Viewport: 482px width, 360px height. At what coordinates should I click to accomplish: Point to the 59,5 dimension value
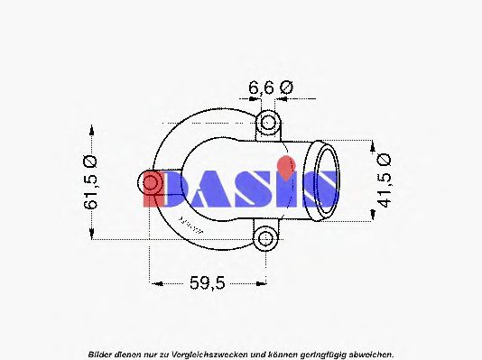(208, 283)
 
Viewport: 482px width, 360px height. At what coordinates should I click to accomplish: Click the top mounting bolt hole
(268, 122)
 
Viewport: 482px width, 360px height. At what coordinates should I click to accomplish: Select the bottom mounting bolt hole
(264, 239)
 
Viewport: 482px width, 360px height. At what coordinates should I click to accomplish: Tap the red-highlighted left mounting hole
(152, 184)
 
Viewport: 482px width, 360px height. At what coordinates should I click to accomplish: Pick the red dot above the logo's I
(286, 165)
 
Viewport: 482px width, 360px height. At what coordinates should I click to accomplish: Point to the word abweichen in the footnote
(370, 352)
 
